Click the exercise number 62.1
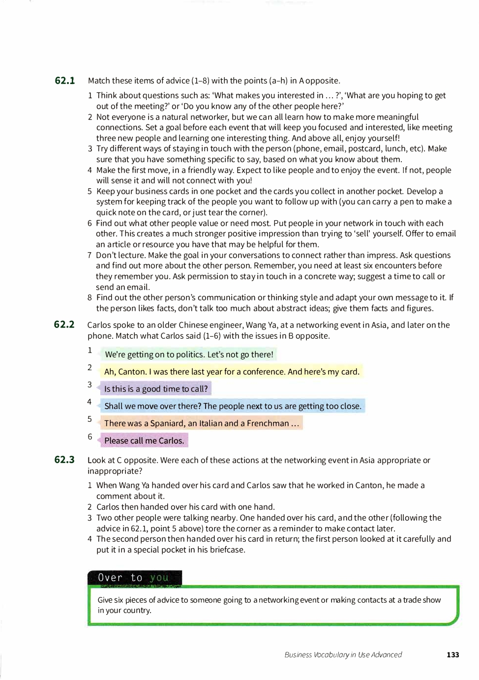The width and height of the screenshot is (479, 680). [64, 81]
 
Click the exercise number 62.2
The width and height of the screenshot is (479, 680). [64, 325]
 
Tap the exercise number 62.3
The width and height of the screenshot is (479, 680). [64, 460]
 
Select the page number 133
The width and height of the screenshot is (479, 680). [452, 654]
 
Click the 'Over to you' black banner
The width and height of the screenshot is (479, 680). [134, 578]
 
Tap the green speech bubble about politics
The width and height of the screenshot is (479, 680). [188, 355]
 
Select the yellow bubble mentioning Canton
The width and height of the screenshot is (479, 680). [231, 372]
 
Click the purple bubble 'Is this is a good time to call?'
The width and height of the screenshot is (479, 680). [155, 389]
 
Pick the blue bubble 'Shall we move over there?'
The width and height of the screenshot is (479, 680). [232, 406]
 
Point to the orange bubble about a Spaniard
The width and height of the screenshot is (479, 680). [201, 423]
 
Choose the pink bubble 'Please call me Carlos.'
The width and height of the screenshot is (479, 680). [144, 441]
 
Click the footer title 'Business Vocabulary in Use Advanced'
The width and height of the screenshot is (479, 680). [343, 654]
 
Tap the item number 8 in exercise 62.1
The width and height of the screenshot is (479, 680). [90, 297]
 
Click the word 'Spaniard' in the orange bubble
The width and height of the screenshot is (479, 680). [167, 423]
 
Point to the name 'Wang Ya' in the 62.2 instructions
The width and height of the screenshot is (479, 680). [256, 325]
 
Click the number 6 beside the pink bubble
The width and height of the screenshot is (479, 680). [90, 437]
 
